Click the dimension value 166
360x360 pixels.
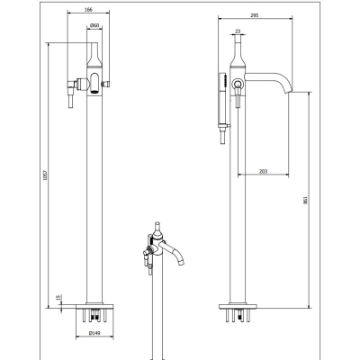pos(88,10)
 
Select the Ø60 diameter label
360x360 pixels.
pos(94,25)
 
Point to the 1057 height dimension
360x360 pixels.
pos(45,175)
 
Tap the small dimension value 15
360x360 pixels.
pos(58,298)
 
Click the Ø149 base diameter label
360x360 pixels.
pos(94,333)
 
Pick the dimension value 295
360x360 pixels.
pos(255,15)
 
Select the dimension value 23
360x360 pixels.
pos(238,31)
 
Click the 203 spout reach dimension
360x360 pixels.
pos(263,171)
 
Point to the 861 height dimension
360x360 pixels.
pos(306,200)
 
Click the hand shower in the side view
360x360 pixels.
pos(223,99)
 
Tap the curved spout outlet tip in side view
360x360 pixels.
pos(288,92)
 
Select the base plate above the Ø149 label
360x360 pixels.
pos(94,306)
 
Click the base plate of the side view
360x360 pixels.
pos(238,306)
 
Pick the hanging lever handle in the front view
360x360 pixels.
pos(71,94)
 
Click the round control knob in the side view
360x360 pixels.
pos(238,83)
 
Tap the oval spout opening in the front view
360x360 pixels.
pos(94,83)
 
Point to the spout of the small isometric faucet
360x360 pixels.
pos(173,253)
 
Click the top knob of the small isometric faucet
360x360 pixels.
pos(157,229)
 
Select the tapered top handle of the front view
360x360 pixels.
pos(94,55)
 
